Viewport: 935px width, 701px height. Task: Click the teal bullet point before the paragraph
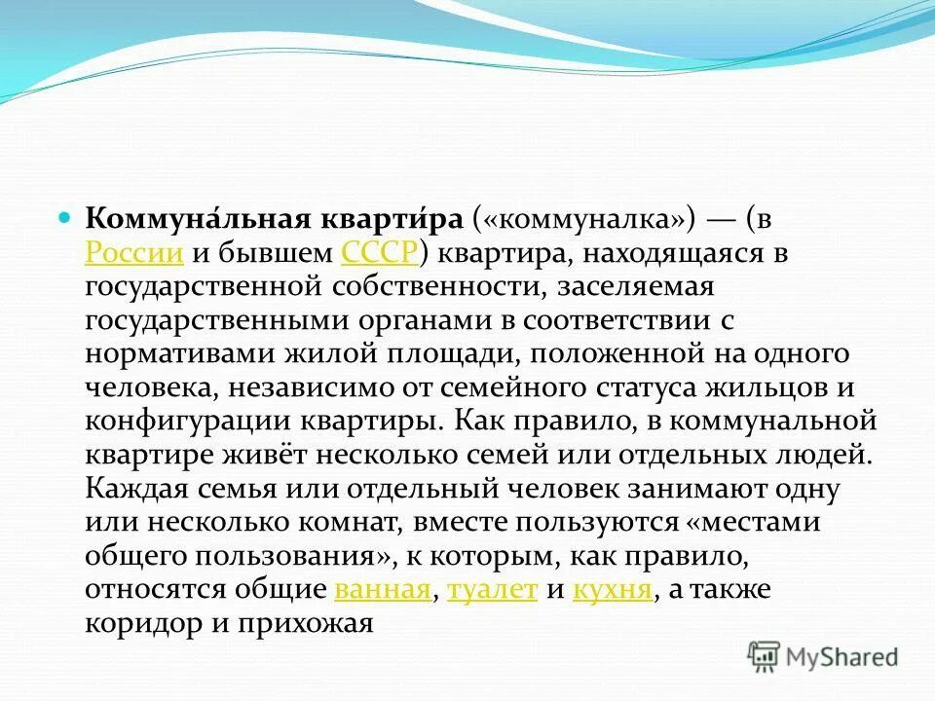click(x=65, y=218)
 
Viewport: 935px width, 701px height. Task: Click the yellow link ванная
click(x=382, y=590)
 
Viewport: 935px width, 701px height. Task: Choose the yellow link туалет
click(x=492, y=590)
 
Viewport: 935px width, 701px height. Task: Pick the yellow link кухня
click(x=613, y=590)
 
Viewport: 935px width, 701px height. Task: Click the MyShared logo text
click(x=842, y=656)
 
